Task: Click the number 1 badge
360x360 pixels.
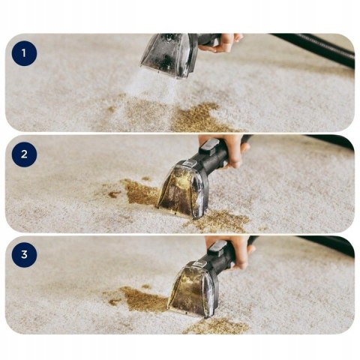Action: point(24,53)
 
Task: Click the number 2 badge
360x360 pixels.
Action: point(24,155)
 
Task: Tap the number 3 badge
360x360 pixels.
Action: point(24,254)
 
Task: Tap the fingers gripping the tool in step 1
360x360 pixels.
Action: point(226,43)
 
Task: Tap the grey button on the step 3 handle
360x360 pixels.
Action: point(217,247)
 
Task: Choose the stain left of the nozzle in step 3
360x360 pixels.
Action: point(142,300)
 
